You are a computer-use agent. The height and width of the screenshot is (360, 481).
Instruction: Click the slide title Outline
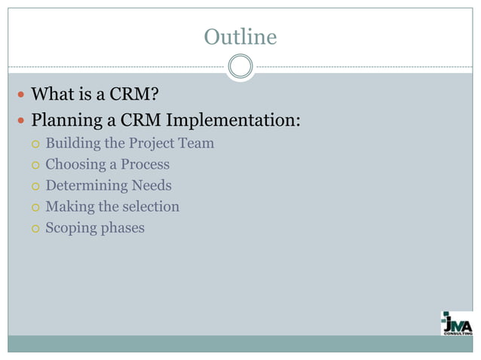[240, 36]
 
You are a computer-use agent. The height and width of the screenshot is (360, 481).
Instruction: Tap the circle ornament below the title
[240, 66]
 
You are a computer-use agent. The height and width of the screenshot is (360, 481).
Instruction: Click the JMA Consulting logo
[457, 323]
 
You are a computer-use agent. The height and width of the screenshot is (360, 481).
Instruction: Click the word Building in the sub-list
[72, 143]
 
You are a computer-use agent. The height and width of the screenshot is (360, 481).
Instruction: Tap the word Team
[196, 143]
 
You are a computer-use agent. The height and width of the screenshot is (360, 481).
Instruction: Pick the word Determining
[84, 185]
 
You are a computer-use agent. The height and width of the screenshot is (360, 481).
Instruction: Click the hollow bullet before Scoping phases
[32, 228]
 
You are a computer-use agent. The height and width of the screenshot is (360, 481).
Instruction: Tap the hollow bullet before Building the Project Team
[32, 144]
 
